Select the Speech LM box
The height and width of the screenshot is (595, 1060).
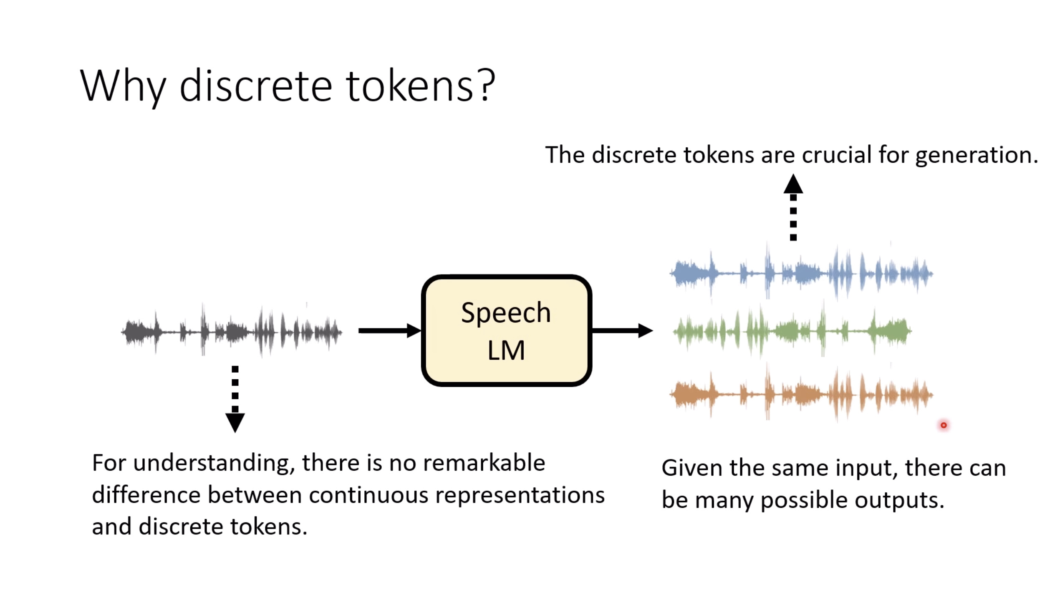[506, 330]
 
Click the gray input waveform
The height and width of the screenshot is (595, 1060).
[232, 331]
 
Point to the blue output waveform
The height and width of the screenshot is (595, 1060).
[801, 273]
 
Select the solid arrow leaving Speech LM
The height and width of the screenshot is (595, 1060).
[622, 330]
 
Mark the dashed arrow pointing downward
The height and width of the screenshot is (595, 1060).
[235, 398]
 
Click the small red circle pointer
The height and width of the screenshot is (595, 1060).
[944, 425]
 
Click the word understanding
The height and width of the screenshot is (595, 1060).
[211, 464]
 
